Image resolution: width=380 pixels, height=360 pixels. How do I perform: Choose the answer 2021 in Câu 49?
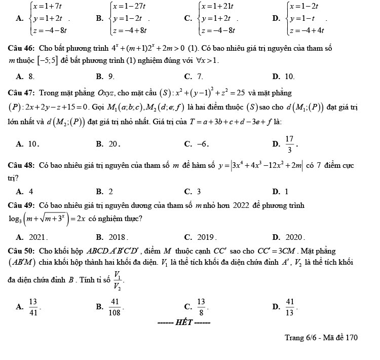[38, 237]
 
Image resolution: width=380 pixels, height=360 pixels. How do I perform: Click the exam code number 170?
[352, 338]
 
